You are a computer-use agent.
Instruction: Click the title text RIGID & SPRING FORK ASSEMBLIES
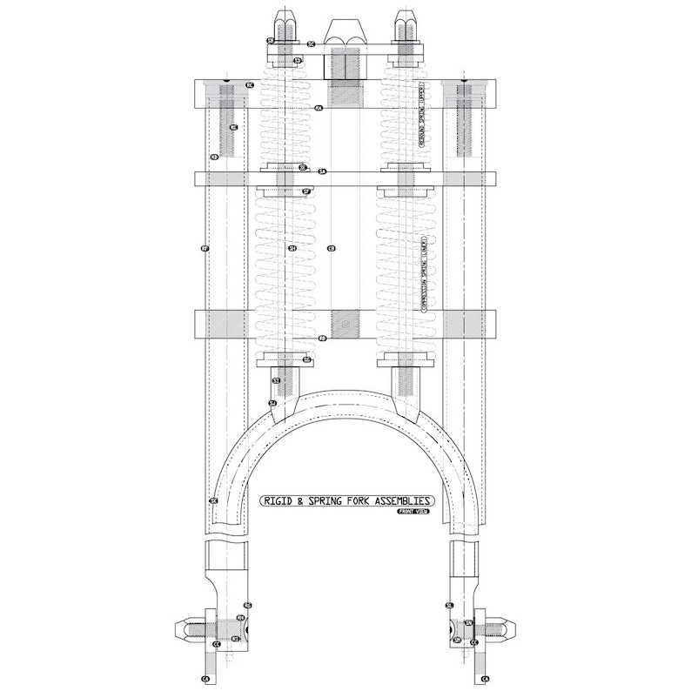(347, 501)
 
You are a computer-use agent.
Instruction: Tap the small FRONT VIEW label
(415, 513)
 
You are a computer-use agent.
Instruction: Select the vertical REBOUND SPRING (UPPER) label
(421, 121)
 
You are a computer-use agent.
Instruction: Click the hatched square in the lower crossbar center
(345, 324)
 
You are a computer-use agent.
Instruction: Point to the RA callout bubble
(319, 108)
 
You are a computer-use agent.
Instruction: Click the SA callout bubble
(322, 172)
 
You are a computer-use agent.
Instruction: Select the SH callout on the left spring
(292, 248)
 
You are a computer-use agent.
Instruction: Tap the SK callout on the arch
(213, 501)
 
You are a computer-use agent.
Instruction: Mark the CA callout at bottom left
(205, 677)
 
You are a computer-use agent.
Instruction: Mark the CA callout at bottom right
(485, 677)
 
